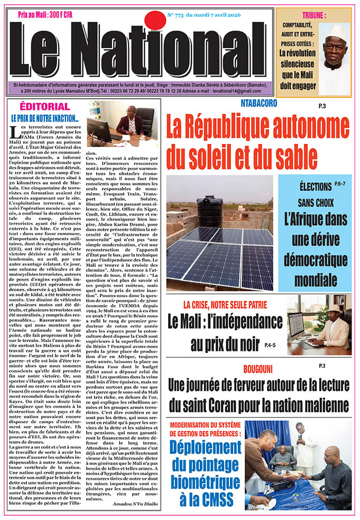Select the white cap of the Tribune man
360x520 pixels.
(x=336, y=32)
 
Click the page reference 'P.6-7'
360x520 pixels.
(x=340, y=185)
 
